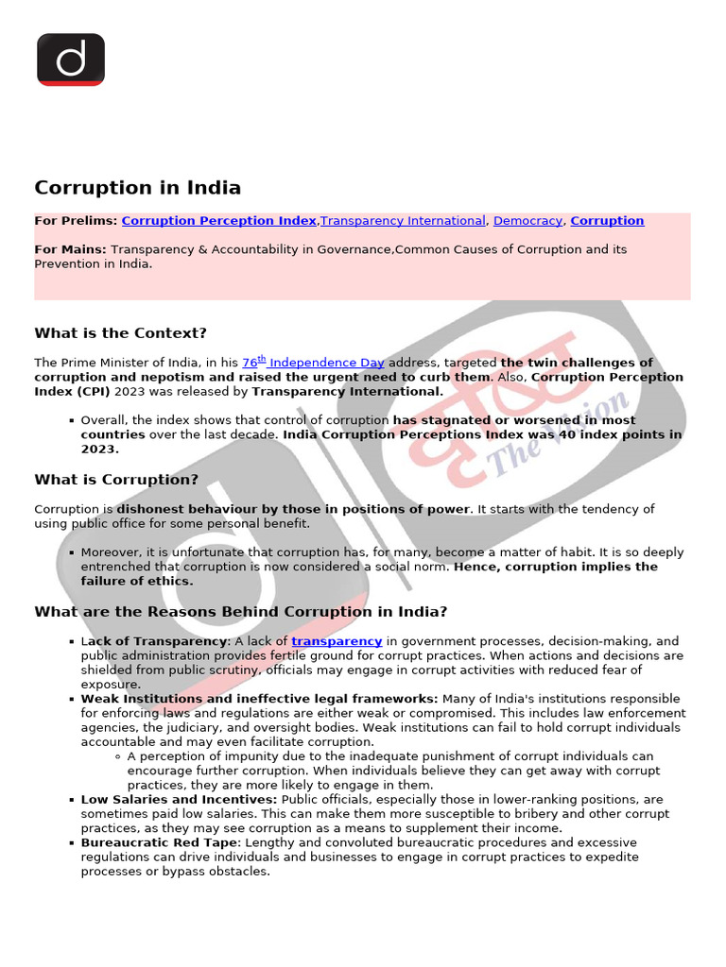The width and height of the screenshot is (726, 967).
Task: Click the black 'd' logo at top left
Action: click(x=70, y=59)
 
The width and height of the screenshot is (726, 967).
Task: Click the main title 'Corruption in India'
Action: click(x=137, y=188)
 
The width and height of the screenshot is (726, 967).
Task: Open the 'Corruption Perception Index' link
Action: click(x=218, y=221)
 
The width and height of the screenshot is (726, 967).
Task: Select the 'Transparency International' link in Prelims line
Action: click(x=403, y=221)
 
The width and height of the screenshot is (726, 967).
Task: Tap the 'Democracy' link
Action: click(x=527, y=221)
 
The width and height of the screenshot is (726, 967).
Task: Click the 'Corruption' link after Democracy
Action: click(x=607, y=221)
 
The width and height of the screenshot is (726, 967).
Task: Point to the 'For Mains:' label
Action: click(x=71, y=250)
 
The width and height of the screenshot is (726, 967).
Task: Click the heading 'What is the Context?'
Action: click(x=120, y=333)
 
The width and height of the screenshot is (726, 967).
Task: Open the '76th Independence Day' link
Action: click(x=313, y=363)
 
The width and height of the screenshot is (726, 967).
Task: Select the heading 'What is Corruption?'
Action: click(x=116, y=480)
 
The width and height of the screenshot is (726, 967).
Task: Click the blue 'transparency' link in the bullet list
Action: click(x=337, y=641)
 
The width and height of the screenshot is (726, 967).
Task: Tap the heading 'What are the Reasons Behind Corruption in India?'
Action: click(x=241, y=612)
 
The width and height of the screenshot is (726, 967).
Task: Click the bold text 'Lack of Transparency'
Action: click(x=154, y=641)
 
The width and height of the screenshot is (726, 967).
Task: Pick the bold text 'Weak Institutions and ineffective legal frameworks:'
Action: click(x=259, y=699)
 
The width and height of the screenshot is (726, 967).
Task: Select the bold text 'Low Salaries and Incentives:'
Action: click(x=179, y=800)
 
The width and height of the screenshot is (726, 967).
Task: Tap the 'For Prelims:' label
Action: click(x=76, y=221)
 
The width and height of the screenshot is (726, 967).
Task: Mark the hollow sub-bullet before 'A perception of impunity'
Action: click(x=116, y=756)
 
